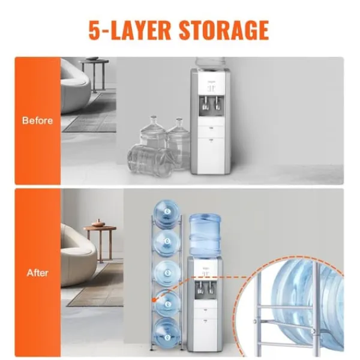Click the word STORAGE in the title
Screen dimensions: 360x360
(x=224, y=31)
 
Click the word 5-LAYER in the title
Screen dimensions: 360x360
(x=130, y=31)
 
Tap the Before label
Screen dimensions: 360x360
(x=37, y=121)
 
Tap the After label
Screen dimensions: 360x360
(x=37, y=273)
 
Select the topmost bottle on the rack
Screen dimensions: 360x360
(x=166, y=212)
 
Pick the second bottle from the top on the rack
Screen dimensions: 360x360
(x=166, y=243)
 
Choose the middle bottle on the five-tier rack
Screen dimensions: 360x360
(x=167, y=273)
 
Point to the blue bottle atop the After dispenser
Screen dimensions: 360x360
(x=205, y=235)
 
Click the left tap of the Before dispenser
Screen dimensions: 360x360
(x=205, y=103)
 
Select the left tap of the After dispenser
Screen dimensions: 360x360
(x=200, y=287)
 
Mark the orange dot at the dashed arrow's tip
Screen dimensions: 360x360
(x=154, y=300)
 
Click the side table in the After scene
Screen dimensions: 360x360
(x=100, y=244)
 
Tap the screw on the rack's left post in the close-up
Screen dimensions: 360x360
(x=255, y=321)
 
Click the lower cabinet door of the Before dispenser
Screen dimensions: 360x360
(x=211, y=154)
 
